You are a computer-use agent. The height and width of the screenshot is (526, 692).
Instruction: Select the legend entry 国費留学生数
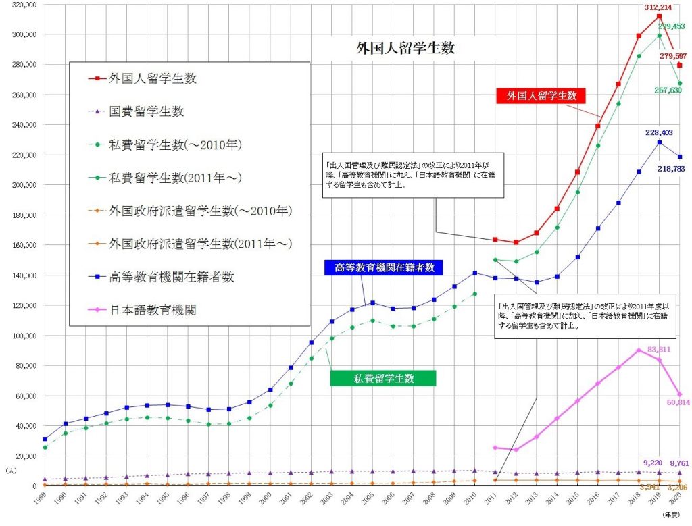click(x=147, y=111)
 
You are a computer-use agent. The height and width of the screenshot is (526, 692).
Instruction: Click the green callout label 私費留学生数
click(x=382, y=378)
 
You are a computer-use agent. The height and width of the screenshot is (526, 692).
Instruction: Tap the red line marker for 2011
click(x=495, y=240)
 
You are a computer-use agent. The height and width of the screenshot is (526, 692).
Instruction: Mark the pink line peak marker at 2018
click(x=639, y=350)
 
